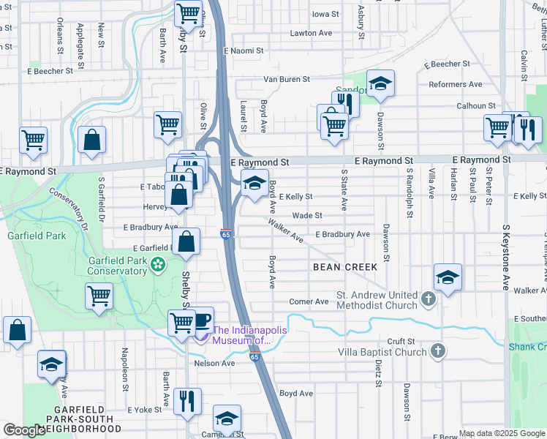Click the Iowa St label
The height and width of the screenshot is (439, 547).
(325, 14)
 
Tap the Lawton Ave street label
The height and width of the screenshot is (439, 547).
(311, 33)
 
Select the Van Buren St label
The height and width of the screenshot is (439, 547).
(287, 79)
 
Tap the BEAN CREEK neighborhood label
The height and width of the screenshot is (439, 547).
(345, 267)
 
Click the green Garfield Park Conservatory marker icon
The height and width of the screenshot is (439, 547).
(157, 264)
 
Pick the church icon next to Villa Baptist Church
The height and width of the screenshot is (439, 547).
(437, 352)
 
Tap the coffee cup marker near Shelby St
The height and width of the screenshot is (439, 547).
(201, 320)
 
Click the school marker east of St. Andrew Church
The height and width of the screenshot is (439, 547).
(447, 277)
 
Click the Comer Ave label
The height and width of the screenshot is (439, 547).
(309, 301)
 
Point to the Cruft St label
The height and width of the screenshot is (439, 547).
(401, 341)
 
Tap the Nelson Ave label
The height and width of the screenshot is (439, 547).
(214, 363)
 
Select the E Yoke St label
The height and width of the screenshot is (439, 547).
(143, 410)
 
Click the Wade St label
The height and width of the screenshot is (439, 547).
(307, 216)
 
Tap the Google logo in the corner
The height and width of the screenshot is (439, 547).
(24, 430)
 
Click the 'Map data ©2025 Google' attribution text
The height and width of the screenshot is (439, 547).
(501, 433)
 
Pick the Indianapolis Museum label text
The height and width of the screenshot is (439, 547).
(249, 334)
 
